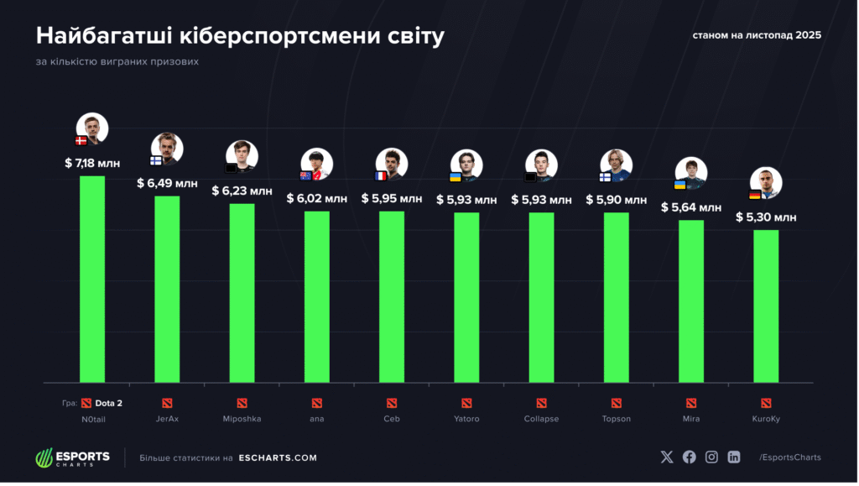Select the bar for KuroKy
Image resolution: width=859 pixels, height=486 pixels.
(766, 306)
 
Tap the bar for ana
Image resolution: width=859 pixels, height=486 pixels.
(316, 296)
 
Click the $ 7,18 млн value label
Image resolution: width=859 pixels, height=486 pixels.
(92, 163)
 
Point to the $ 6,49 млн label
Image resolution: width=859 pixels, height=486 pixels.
(166, 183)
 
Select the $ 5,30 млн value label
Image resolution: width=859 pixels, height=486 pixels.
(766, 217)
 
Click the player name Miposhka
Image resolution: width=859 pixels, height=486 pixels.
(242, 418)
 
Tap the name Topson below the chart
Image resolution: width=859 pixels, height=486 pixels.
(617, 418)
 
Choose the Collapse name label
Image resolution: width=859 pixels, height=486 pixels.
(541, 418)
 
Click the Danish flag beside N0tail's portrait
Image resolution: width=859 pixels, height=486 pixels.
(81, 141)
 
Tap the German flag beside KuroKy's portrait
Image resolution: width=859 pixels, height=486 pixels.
(755, 195)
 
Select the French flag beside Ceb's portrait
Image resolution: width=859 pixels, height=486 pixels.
(381, 175)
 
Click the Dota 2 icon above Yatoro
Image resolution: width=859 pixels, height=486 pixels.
(466, 403)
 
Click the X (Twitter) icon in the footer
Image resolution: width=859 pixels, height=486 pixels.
(667, 457)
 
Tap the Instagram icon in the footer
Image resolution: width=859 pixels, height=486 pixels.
(711, 457)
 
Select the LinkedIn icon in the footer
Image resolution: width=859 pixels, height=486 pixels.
(734, 457)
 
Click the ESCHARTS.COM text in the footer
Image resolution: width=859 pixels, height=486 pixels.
(278, 457)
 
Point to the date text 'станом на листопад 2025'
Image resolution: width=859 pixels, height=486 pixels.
(756, 35)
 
